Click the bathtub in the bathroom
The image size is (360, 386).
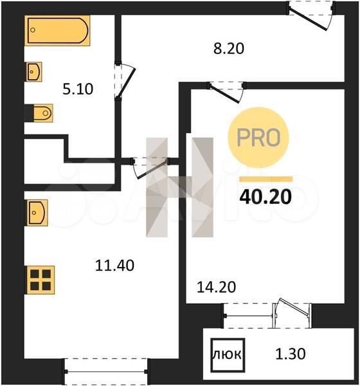[x=57, y=30]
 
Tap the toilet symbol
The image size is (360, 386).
[x=43, y=113]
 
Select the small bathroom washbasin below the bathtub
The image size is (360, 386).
[x=34, y=71]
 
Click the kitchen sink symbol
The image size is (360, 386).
[x=37, y=213]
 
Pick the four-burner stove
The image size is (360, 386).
[x=40, y=280]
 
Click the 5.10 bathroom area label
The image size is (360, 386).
[x=78, y=89]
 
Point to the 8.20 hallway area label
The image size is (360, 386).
[x=229, y=48]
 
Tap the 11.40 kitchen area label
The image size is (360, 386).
[x=114, y=265]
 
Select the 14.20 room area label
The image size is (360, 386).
[x=216, y=287]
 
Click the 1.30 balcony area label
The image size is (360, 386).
[x=291, y=354]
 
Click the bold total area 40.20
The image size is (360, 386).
[x=265, y=198]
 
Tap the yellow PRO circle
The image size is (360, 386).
[x=258, y=138]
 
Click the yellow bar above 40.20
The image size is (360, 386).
[x=266, y=179]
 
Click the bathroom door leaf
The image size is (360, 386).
[x=127, y=83]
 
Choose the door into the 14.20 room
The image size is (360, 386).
[x=224, y=94]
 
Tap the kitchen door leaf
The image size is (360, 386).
[x=152, y=169]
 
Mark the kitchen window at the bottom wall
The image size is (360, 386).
[x=106, y=371]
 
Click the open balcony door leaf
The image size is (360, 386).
[x=294, y=307]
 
